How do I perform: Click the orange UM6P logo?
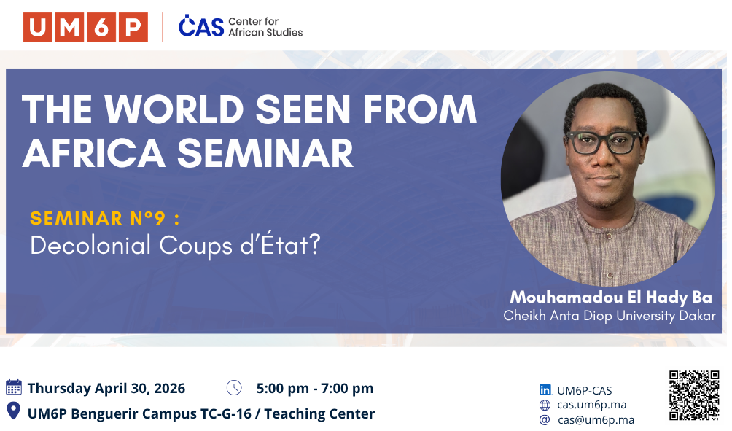tap(85, 27)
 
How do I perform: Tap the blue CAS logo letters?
tap(201, 26)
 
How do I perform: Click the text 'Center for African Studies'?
tap(265, 26)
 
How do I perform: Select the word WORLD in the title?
tap(174, 109)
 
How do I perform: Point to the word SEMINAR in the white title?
tap(265, 153)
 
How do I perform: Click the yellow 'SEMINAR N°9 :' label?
tap(104, 218)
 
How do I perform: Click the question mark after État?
tap(315, 244)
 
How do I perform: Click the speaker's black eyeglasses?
tap(604, 142)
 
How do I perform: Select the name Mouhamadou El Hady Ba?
tap(611, 297)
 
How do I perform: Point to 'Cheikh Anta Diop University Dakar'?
tap(610, 316)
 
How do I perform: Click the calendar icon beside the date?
tap(14, 387)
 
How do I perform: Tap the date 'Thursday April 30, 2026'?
tap(106, 388)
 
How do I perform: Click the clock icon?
tap(234, 387)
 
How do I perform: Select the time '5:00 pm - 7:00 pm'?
tap(315, 388)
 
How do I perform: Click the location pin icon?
tap(14, 411)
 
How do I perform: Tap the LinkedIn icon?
tap(545, 390)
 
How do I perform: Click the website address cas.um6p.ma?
tap(591, 405)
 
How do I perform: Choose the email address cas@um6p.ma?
tap(596, 420)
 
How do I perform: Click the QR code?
tap(694, 395)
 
